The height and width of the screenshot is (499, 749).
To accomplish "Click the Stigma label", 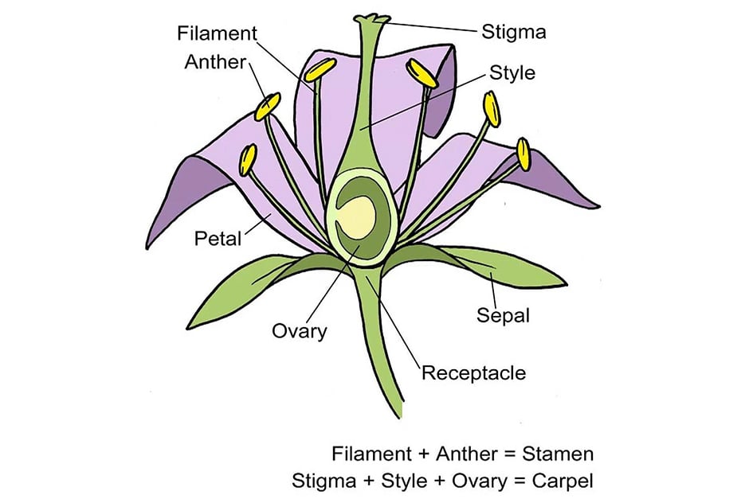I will (x=514, y=33).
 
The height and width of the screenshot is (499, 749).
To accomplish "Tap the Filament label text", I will (x=218, y=33).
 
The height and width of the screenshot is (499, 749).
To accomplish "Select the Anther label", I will (x=215, y=61).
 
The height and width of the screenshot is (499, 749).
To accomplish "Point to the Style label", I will (x=512, y=73).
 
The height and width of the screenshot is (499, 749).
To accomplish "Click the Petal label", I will (x=218, y=238).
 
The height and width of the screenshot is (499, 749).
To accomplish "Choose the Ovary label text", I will (x=300, y=330).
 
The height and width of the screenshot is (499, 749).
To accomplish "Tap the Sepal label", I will (x=503, y=315).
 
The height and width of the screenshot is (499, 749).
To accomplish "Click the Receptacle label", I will (x=473, y=372).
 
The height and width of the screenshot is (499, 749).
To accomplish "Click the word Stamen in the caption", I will (x=558, y=454).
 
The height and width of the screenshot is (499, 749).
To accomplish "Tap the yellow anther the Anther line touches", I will (x=268, y=106).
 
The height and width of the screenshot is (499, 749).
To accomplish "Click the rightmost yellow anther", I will (x=524, y=154).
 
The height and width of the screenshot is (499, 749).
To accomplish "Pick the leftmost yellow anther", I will (x=248, y=159).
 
